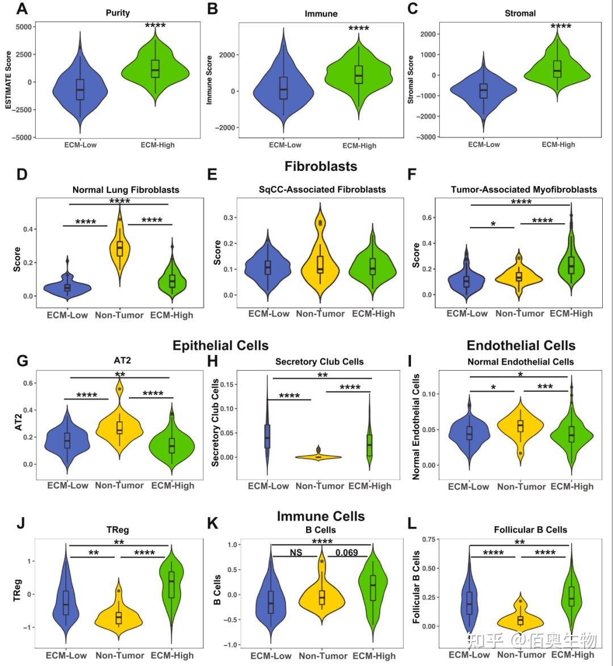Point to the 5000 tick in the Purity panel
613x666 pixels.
[24, 27]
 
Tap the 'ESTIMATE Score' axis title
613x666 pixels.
[9, 81]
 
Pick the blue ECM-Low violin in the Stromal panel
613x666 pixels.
[484, 91]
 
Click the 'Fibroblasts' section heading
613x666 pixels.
[321, 166]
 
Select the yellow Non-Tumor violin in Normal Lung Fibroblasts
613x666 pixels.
[120, 247]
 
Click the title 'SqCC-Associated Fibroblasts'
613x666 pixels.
[321, 190]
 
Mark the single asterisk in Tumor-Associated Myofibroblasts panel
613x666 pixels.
[493, 224]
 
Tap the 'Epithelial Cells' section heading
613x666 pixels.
[220, 345]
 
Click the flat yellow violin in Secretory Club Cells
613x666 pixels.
[318, 456]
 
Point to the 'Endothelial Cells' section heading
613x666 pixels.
[520, 345]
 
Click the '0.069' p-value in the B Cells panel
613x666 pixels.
[347, 552]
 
